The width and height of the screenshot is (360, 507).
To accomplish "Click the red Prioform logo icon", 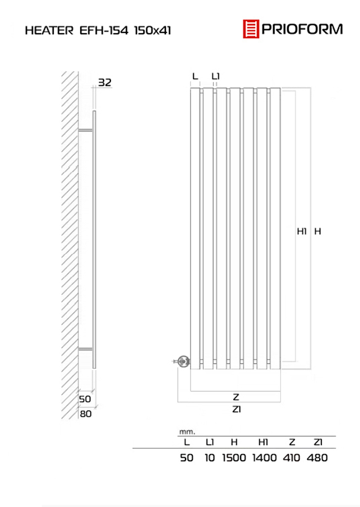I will [251, 29].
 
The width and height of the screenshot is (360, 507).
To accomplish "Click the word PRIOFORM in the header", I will [302, 29].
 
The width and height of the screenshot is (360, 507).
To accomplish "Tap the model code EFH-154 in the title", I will [104, 31].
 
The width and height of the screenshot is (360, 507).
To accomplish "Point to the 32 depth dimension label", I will [105, 82].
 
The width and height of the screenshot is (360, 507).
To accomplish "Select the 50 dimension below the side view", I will [85, 399].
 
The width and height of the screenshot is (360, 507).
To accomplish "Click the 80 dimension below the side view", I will [86, 414].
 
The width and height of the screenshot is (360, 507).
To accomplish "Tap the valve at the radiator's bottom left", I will [183, 361].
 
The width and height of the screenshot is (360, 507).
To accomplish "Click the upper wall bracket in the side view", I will [86, 130].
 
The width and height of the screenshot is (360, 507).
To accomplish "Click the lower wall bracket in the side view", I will [86, 349].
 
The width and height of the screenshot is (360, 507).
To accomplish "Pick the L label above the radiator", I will [195, 76].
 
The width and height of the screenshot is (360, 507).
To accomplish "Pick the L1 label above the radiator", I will [216, 76].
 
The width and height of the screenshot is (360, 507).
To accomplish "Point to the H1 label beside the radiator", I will [302, 231].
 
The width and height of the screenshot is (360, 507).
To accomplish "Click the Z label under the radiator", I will [236, 397].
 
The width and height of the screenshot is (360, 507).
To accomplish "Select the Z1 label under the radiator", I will [237, 409].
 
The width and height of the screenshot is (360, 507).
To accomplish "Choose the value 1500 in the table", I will [234, 458].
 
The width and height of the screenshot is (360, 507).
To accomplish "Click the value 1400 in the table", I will [264, 458].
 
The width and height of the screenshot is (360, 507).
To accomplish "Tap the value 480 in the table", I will [317, 458].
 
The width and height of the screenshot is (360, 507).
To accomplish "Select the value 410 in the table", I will [291, 458].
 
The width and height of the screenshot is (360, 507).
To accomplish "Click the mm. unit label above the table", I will [187, 431].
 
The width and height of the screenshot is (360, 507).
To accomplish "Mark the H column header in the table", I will [234, 442].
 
